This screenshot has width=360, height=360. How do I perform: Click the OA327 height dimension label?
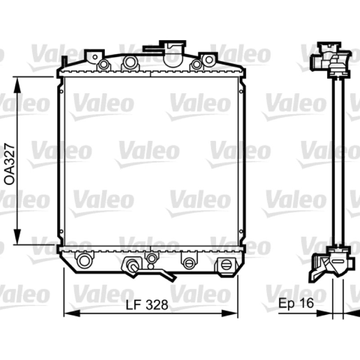(x=9, y=164)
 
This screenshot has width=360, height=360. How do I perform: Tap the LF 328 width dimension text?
(x=147, y=305)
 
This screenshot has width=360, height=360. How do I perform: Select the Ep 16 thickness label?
(x=296, y=303)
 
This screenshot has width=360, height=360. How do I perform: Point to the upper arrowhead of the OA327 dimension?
(x=17, y=85)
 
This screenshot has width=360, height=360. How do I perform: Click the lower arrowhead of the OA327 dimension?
(x=17, y=237)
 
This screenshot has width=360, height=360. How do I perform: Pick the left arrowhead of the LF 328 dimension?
(x=72, y=313)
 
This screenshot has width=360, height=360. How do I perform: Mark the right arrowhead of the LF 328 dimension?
(x=229, y=313)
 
